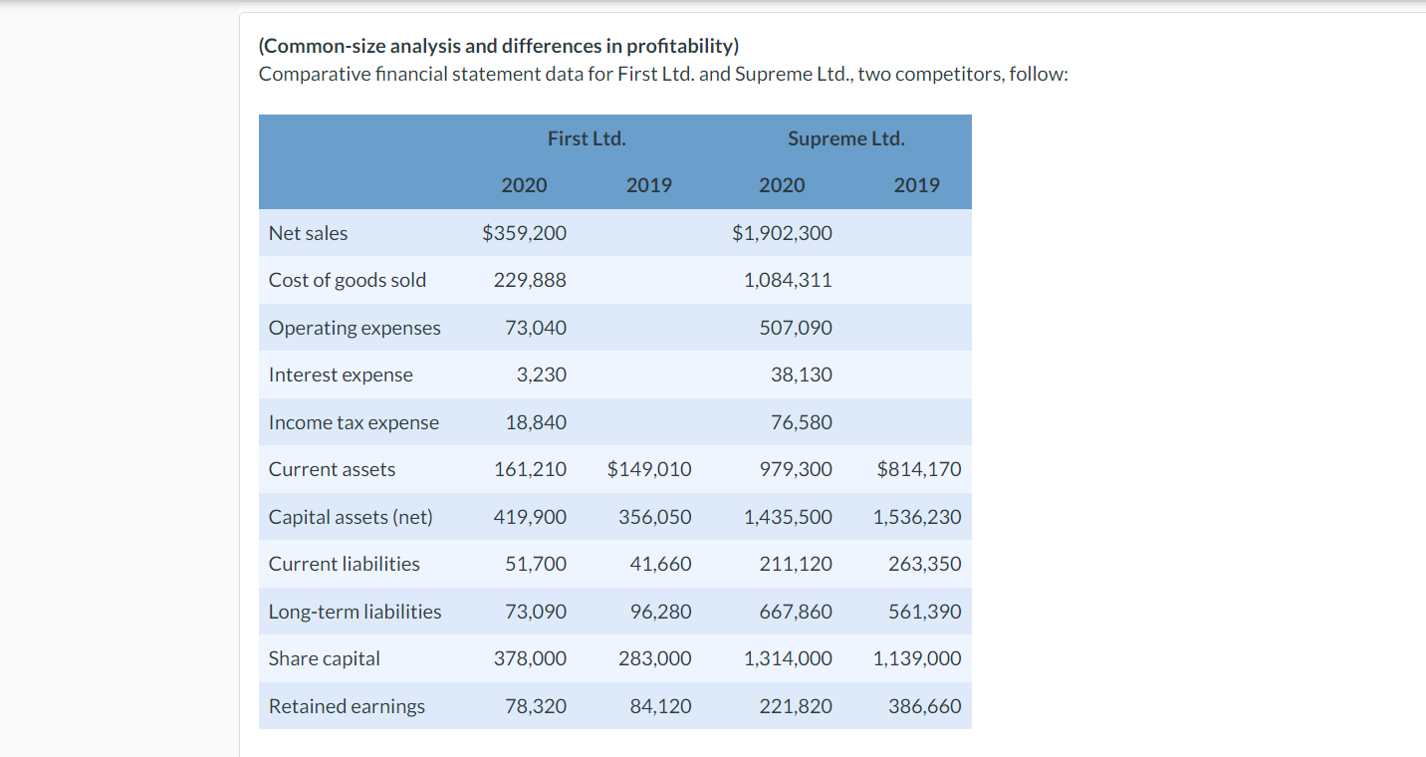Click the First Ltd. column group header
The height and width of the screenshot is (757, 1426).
coord(587,138)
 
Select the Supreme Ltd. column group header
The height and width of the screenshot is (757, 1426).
coord(845,138)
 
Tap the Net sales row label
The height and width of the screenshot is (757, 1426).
coord(309,233)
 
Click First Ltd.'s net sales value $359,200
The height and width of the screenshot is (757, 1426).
coord(524,233)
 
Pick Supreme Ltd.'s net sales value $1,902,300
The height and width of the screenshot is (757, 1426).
coord(782,233)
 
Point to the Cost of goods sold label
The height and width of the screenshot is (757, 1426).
coord(348,280)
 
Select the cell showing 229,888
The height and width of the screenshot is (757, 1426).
coord(530,280)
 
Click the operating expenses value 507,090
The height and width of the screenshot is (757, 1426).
coord(796,328)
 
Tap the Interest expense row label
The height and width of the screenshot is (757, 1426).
coord(341,375)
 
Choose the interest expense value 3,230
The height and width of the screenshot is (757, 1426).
coord(542,375)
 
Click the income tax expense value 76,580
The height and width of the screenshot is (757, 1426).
coord(802,422)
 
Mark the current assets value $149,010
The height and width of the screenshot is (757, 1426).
coord(649,469)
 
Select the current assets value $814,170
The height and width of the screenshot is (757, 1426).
coord(919,469)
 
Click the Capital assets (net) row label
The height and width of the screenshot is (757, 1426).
coord(351,517)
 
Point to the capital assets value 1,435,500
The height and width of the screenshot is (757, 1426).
coord(788,517)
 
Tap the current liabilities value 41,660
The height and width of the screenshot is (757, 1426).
coord(660,564)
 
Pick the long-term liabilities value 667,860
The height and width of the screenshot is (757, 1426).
coord(796,612)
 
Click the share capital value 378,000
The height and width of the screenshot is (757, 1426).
coord(530,658)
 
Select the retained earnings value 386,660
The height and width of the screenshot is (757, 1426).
coord(925,706)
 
